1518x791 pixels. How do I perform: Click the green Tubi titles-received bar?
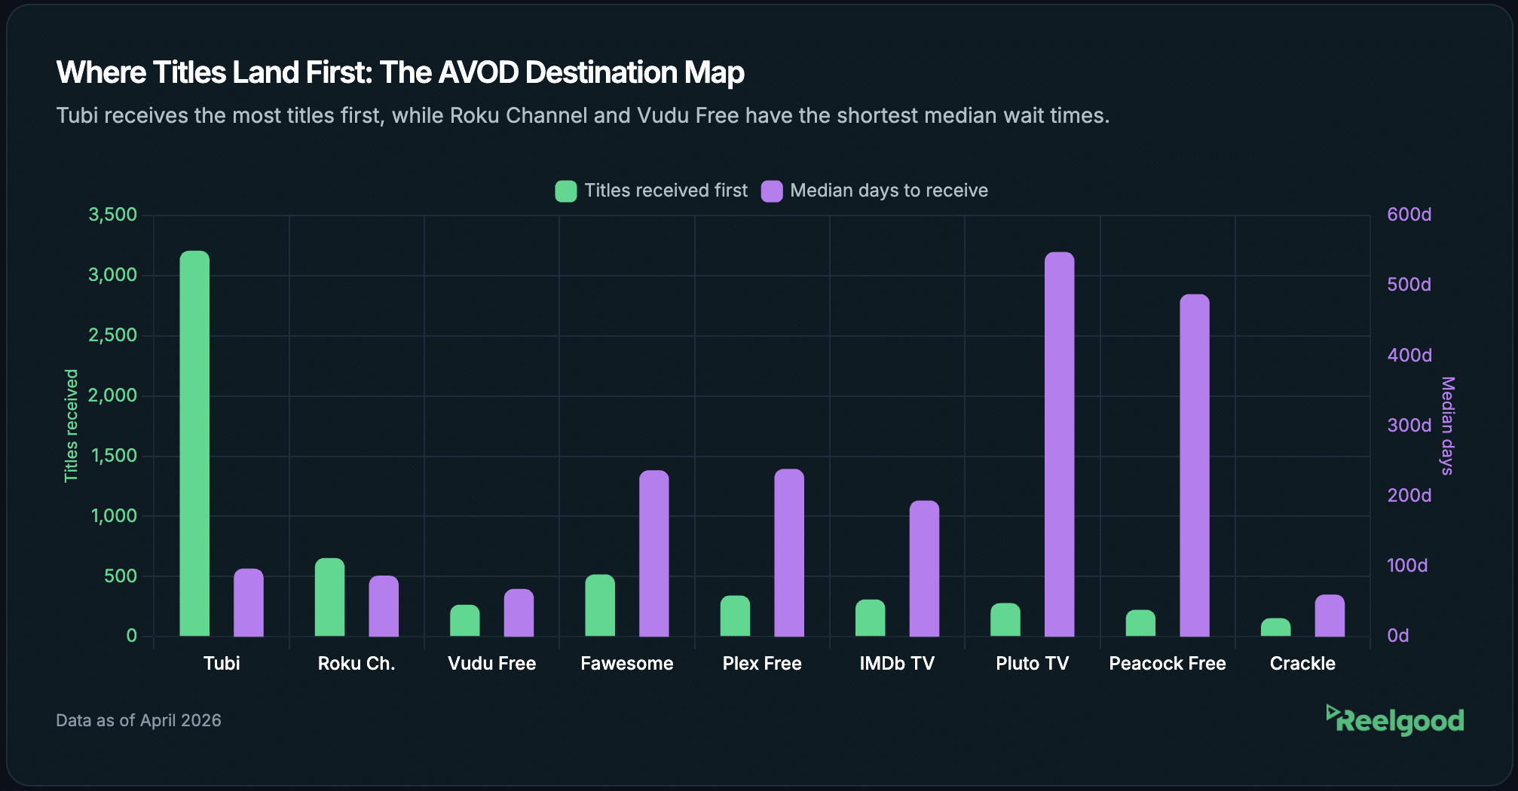194,444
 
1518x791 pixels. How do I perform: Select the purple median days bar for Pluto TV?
1059,444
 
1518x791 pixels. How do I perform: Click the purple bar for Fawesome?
653,554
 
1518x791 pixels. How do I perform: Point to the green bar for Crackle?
1275,628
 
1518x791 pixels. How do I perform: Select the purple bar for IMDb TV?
924,569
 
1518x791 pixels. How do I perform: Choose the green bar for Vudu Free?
464,621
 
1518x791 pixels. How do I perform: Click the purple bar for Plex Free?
789,553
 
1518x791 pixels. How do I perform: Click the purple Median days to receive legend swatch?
772,191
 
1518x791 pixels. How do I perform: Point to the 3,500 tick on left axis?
113,215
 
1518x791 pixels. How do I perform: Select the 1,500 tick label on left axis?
114,456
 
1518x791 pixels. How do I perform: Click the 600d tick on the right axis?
1409,215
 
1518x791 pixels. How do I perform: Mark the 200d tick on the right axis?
1409,496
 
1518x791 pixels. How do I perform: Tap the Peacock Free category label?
1167,664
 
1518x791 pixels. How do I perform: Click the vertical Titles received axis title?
71,426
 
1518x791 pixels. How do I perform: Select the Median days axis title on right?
1447,426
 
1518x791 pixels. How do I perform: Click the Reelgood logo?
1395,720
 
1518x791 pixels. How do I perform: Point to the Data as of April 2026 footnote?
139,720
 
